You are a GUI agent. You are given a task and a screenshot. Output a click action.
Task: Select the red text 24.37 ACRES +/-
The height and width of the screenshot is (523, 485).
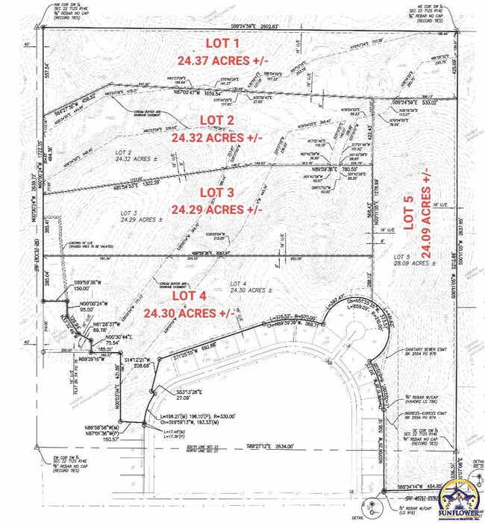point(222,60)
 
